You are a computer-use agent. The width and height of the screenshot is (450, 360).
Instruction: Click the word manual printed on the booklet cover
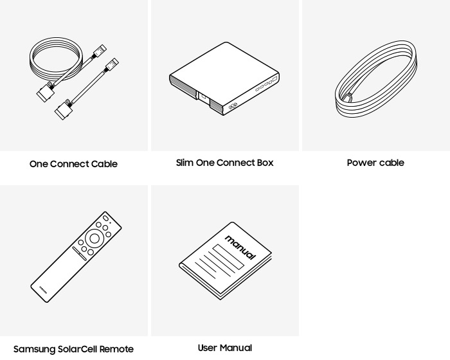pos(240,247)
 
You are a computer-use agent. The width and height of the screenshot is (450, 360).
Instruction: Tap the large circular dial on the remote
pos(94,239)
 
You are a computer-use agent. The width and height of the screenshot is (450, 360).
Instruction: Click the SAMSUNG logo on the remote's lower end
pos(43,290)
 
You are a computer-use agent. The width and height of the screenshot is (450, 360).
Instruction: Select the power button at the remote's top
pos(105,218)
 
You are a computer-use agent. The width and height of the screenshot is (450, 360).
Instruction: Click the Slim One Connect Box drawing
pos(224,78)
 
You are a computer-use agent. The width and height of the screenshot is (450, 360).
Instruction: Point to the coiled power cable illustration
pos(376,79)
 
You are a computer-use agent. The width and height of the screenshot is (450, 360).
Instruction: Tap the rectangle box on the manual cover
pos(228,256)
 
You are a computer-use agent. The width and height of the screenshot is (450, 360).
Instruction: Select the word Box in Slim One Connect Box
pos(265,163)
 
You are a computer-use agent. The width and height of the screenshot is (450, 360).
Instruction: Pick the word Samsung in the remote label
pos(34,349)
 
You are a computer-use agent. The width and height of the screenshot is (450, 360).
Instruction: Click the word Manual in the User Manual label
pos(235,348)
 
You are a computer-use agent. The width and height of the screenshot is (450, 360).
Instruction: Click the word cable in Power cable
pos(391,163)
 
